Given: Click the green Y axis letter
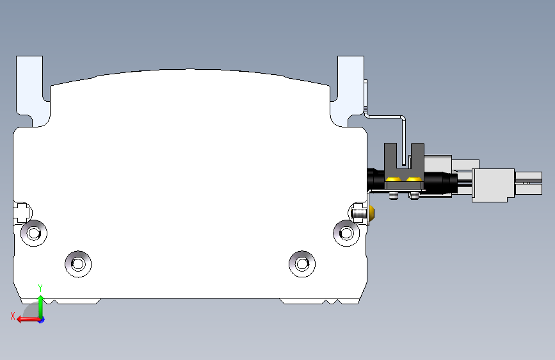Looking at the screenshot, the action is coord(40,288).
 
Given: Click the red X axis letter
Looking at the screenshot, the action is coord(13,316).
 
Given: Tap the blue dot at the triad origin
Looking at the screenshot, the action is coord(42,320).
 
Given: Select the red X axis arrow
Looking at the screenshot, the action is coord(28,320).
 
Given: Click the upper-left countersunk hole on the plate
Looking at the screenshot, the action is coord(34,233).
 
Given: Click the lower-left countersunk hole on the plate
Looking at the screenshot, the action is coord(78,264).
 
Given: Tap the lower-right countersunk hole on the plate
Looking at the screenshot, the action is coord(302,264).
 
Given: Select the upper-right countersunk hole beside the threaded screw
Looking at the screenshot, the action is coord(346,233).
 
